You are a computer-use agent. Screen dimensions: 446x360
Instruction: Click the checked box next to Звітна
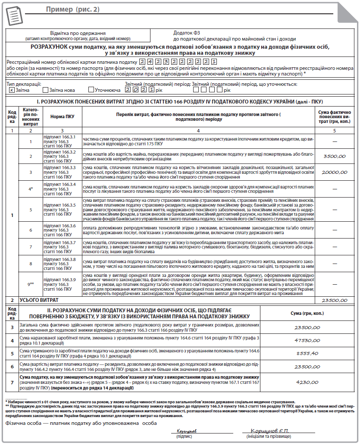[12, 90]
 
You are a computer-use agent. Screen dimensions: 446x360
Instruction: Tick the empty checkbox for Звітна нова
[45, 90]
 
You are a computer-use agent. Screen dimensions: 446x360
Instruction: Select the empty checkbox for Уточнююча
[91, 90]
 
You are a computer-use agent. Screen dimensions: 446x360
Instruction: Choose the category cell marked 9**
[31, 284]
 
